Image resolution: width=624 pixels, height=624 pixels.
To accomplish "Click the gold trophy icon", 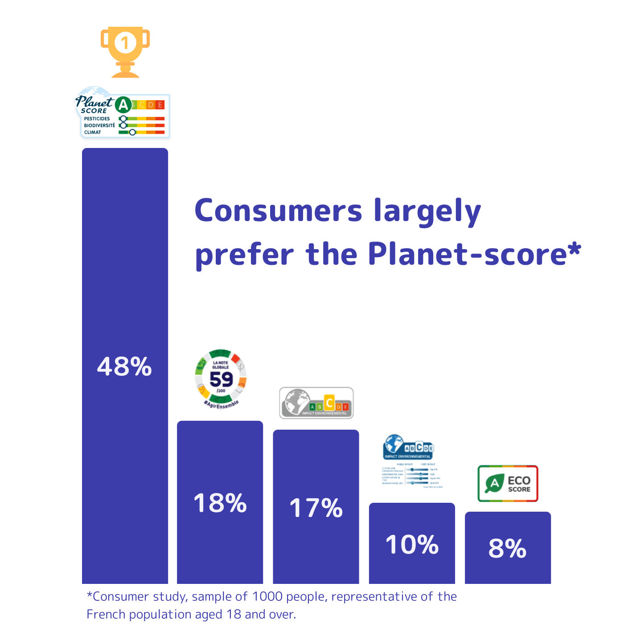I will pos(125,51).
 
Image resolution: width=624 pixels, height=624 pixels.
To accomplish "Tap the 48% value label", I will pos(124,367).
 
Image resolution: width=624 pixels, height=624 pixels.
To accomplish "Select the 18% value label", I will pos(220,503).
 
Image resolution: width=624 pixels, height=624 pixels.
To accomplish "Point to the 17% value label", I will pos(316,508).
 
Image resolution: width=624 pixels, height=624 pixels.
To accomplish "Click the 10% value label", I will pos(412,545).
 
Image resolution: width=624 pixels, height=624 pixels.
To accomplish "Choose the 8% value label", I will pos(508,548).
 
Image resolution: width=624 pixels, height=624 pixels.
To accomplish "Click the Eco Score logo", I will pos(508,484).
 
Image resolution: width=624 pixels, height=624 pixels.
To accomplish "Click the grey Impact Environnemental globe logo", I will pos(316,403).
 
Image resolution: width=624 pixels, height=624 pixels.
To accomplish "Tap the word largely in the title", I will pos(427,211).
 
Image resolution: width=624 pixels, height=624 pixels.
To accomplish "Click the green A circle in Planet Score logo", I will pos(123,105).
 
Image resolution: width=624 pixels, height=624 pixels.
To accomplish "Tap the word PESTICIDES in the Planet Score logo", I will pos(97,119).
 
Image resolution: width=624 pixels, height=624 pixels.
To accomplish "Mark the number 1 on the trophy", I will pos(125,43).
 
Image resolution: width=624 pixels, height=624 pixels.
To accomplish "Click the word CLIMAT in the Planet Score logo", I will pos(92,132).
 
